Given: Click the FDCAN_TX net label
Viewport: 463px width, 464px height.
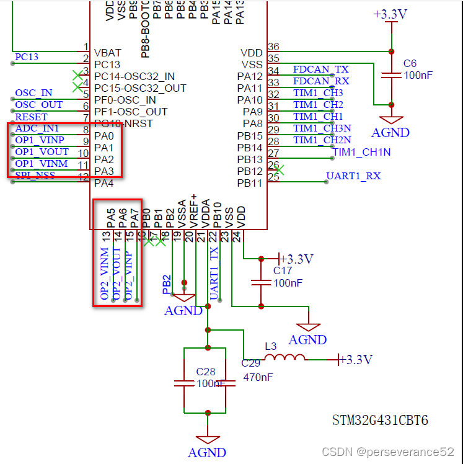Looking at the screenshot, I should pos(321,69).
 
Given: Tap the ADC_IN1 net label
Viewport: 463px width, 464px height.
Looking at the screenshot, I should pos(37,128).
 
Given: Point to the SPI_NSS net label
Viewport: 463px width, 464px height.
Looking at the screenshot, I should pos(35,176).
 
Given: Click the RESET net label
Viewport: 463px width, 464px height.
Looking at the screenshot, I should pos(31,117).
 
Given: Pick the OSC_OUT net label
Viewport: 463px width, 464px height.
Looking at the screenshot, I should pos(38,105).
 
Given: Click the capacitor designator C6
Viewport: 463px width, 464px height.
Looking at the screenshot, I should pos(410,63).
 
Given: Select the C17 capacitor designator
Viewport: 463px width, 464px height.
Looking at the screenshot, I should pos(283,270).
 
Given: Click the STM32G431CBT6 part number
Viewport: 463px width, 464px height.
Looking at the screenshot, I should pos(380,421).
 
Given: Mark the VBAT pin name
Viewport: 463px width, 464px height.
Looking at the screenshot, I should pos(107,53).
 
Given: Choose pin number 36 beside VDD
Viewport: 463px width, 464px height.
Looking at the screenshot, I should pos(273,47).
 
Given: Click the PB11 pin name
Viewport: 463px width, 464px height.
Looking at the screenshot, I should pos(250,183).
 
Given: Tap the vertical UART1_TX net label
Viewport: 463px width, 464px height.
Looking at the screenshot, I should pos(214,273).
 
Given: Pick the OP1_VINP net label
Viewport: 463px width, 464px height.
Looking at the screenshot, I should pos(40,140).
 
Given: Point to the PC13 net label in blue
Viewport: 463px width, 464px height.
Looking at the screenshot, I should pos(27,57).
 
